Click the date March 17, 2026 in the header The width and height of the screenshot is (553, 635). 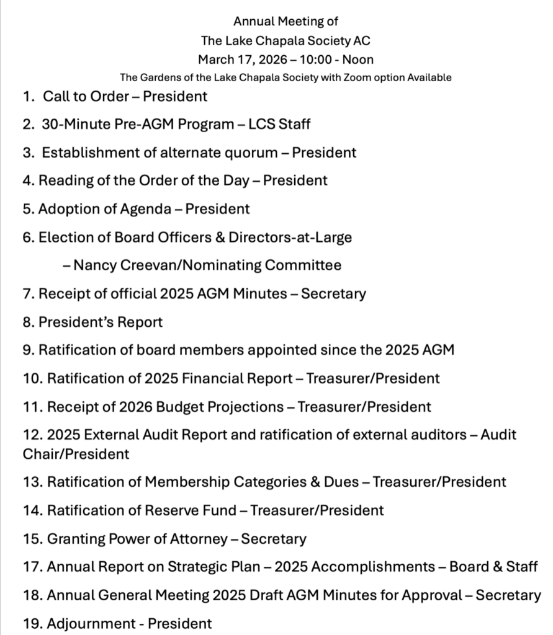click(243, 60)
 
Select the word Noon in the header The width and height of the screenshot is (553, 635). click(359, 60)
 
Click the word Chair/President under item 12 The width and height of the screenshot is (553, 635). click(76, 454)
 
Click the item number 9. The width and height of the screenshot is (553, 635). click(29, 350)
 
